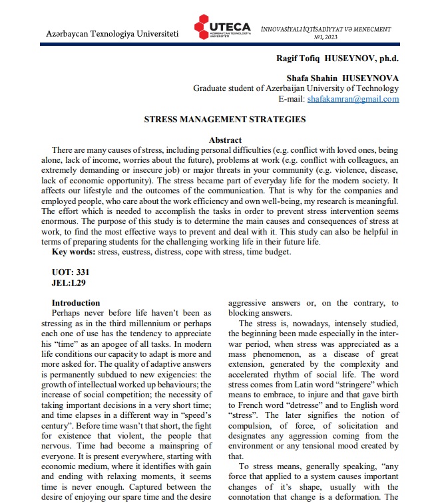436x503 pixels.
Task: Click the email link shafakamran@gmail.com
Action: (x=353, y=99)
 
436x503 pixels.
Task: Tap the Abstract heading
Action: (x=225, y=140)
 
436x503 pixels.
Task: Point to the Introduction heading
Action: (x=76, y=302)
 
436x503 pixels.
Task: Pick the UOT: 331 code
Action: (x=71, y=272)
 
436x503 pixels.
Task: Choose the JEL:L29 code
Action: (x=69, y=282)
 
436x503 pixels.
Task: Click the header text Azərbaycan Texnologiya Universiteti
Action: (x=112, y=33)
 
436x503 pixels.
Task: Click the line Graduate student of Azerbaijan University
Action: (x=296, y=88)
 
